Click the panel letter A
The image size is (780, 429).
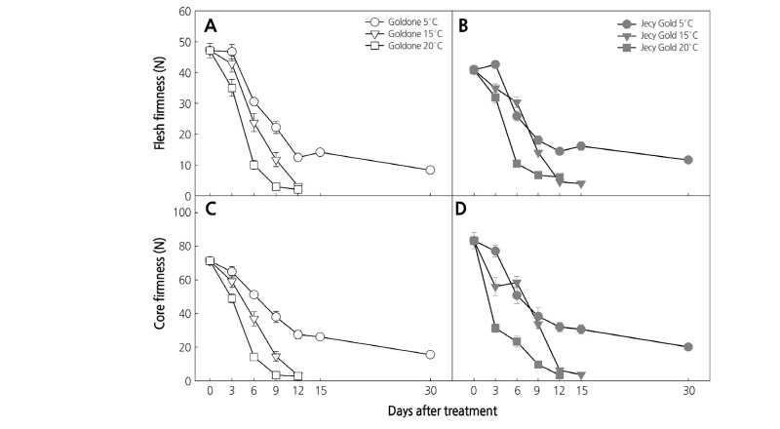(211, 26)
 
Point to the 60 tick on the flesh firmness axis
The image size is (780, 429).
(184, 12)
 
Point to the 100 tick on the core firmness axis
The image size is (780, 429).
(181, 212)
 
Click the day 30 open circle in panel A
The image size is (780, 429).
(430, 170)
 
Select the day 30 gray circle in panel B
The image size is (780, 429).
(688, 160)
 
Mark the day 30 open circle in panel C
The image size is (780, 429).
(430, 354)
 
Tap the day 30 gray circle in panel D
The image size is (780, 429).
(688, 346)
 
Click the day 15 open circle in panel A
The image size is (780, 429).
(320, 152)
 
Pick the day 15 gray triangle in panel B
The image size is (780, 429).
(581, 184)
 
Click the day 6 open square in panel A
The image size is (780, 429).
(253, 165)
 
